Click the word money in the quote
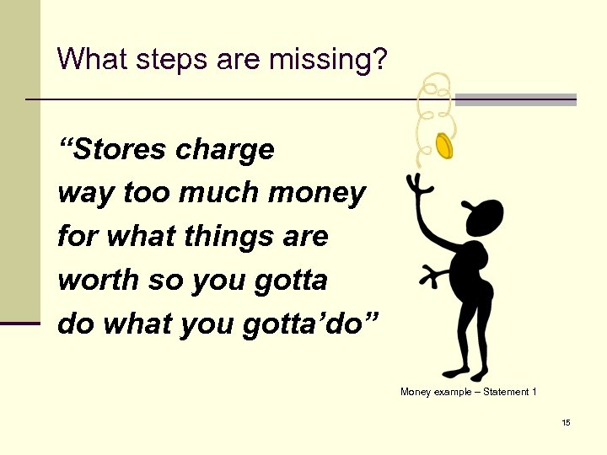pyautogui.click(x=317, y=194)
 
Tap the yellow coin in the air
pyautogui.click(x=444, y=146)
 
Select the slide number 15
pyautogui.click(x=566, y=422)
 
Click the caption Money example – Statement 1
pyautogui.click(x=468, y=392)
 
